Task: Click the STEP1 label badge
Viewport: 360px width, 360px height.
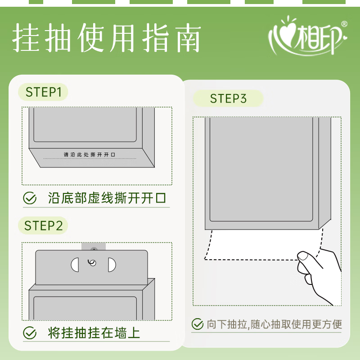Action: click(43, 92)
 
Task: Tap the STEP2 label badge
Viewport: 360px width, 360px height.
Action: click(43, 225)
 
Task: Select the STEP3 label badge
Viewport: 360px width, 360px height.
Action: click(228, 99)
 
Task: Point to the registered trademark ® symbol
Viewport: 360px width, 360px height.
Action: click(344, 24)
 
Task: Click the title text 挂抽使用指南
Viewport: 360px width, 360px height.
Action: click(107, 38)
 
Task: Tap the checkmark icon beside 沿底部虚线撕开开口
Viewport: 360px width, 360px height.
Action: click(30, 198)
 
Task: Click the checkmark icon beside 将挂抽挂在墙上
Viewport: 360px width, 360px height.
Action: click(30, 333)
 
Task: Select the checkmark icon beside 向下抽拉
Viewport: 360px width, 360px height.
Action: click(198, 324)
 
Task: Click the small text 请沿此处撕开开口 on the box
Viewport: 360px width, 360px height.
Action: click(89, 154)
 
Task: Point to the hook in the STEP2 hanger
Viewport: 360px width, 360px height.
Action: click(92, 262)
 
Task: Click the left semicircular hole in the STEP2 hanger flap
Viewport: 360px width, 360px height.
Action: click(75, 265)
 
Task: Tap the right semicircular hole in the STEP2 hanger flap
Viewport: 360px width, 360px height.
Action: click(112, 265)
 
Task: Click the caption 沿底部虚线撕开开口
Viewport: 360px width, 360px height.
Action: click(107, 198)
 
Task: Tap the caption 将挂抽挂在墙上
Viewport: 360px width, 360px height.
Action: click(94, 333)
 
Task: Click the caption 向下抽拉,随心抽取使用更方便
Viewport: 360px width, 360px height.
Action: click(274, 324)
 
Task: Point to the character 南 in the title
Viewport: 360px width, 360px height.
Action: click(188, 38)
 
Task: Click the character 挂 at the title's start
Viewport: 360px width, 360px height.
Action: click(25, 38)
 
